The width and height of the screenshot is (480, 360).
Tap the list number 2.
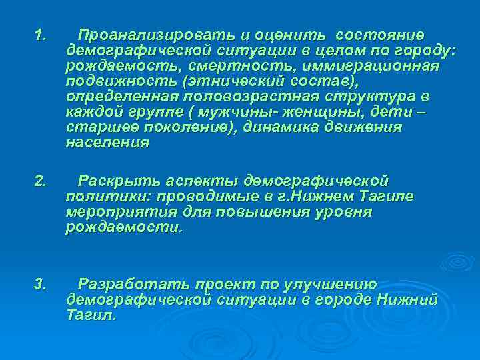coord(39,180)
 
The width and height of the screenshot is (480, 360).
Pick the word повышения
coord(283,211)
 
